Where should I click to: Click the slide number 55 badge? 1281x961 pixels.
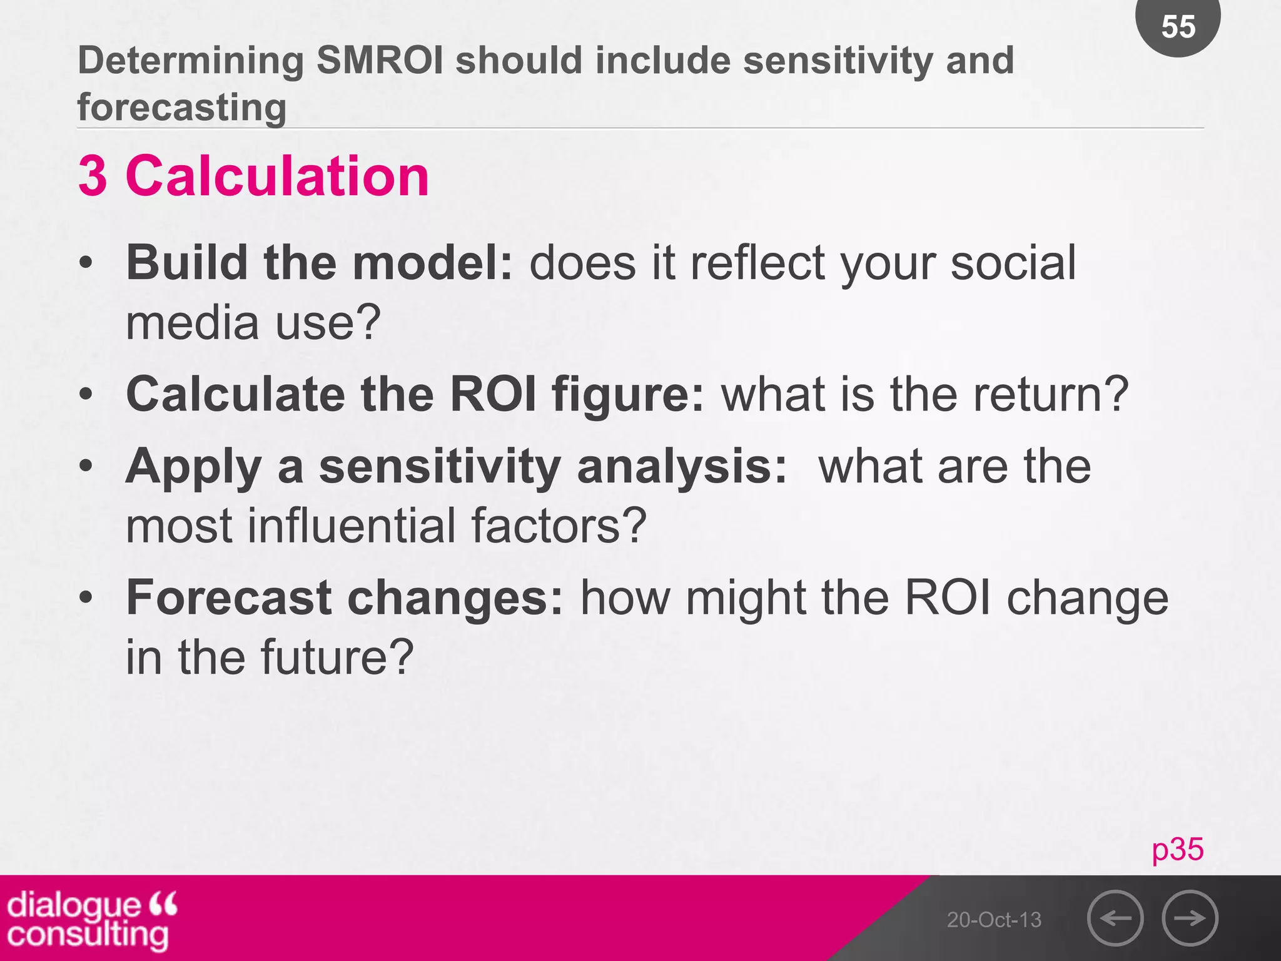[1178, 26]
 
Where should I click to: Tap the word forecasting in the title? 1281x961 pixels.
[182, 107]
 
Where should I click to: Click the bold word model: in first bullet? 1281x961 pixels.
[433, 263]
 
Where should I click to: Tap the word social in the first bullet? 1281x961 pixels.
[1013, 263]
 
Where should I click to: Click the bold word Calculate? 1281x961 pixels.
[235, 394]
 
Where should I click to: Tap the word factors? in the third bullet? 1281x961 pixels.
[559, 526]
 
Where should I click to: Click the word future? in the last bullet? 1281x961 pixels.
[337, 657]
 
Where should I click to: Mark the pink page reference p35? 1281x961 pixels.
[1177, 849]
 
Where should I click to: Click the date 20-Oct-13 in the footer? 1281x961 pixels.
[994, 920]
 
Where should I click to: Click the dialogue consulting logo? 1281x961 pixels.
[91, 918]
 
